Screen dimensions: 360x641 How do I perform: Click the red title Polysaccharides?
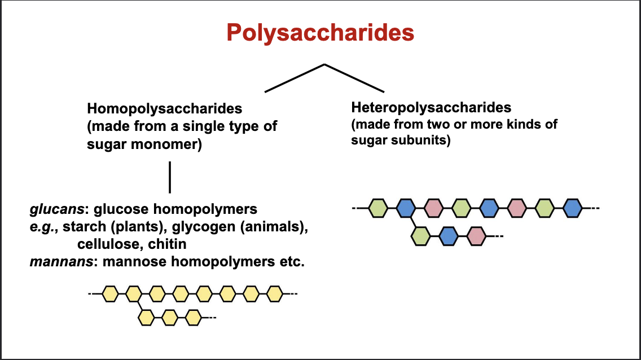coord(320,33)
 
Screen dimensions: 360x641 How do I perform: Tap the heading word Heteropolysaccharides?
coord(431,107)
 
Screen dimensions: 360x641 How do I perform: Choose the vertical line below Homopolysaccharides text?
coord(170,177)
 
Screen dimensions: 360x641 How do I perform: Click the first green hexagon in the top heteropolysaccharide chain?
coord(378,208)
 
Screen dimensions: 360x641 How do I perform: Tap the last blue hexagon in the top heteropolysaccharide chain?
coord(572,208)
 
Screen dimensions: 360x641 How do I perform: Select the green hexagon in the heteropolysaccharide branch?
coord(420,235)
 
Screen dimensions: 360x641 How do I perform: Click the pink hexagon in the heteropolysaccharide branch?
coord(476,235)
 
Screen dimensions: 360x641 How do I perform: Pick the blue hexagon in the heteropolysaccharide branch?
coord(448,235)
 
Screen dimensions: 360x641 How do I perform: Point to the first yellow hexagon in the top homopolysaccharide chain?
coord(110,294)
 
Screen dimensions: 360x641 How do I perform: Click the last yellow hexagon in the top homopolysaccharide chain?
coord(275,294)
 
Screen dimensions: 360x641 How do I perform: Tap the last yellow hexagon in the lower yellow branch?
coord(194,318)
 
